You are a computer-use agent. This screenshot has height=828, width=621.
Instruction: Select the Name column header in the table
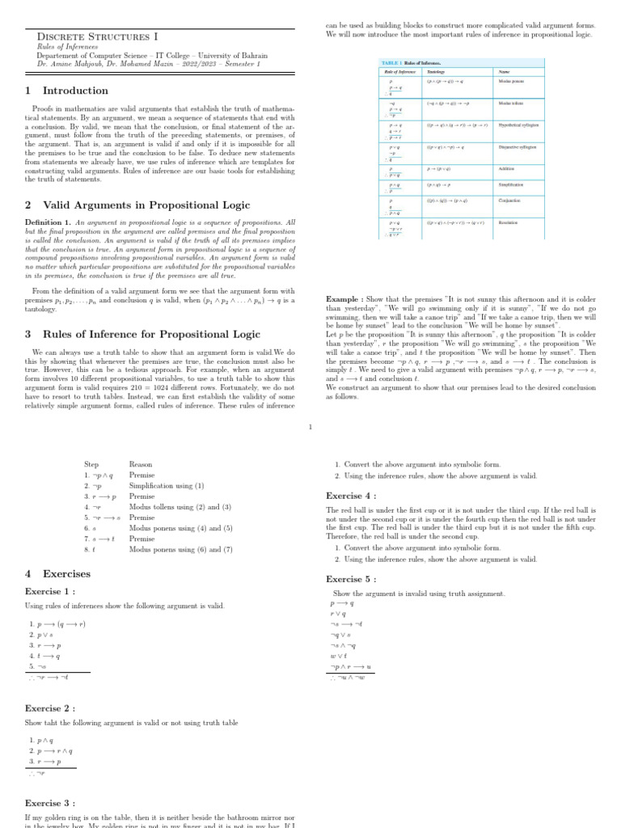pyautogui.click(x=505, y=72)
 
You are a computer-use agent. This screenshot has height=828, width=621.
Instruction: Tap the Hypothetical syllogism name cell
pyautogui.click(x=518, y=125)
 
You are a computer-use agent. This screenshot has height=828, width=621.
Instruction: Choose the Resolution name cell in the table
pyautogui.click(x=508, y=222)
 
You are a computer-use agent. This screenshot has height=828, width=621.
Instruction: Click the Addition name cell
pyautogui.click(x=506, y=169)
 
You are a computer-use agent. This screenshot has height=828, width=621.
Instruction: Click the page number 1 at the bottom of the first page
pyautogui.click(x=310, y=428)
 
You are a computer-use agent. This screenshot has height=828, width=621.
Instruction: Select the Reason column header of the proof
pyautogui.click(x=141, y=465)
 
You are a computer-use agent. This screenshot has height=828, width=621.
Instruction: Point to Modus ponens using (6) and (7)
pyautogui.click(x=180, y=549)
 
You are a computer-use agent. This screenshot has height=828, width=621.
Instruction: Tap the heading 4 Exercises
pyautogui.click(x=58, y=573)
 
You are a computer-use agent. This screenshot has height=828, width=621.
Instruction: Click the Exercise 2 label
pyautogui.click(x=50, y=708)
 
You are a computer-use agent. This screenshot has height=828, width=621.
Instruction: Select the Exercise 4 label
pyautogui.click(x=351, y=496)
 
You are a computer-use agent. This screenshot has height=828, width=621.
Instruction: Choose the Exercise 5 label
pyautogui.click(x=351, y=579)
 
